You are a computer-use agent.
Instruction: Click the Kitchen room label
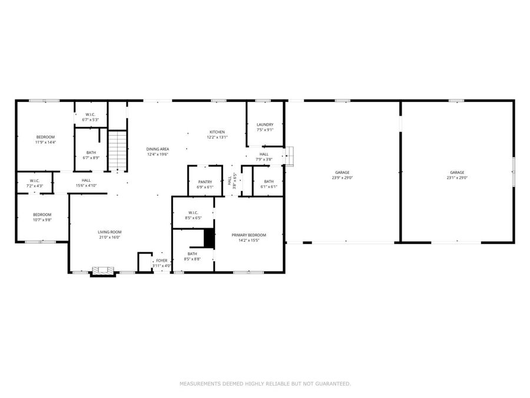tap(217, 132)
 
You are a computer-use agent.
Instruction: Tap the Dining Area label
tap(158, 149)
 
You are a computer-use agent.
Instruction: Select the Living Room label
tap(109, 232)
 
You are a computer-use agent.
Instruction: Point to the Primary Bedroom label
tap(252, 235)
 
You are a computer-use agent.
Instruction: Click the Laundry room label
tap(265, 124)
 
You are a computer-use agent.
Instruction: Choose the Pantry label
tap(205, 182)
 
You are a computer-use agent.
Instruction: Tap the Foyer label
tap(162, 260)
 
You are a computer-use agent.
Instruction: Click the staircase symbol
tap(118, 151)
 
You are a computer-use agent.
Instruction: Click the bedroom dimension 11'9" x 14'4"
tap(45, 142)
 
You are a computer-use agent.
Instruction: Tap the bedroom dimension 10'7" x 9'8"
tap(42, 220)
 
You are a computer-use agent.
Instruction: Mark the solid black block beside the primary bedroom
tap(208, 238)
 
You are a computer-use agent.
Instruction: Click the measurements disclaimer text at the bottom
tap(265, 384)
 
